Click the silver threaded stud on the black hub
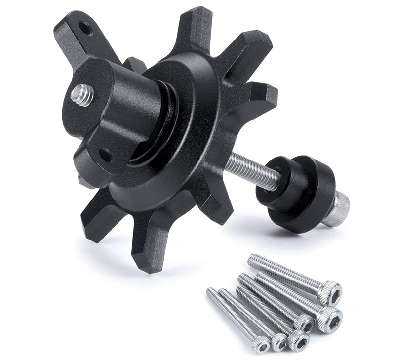[x=81, y=95]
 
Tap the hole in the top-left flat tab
[x=85, y=29]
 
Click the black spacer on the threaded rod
[x=296, y=191]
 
